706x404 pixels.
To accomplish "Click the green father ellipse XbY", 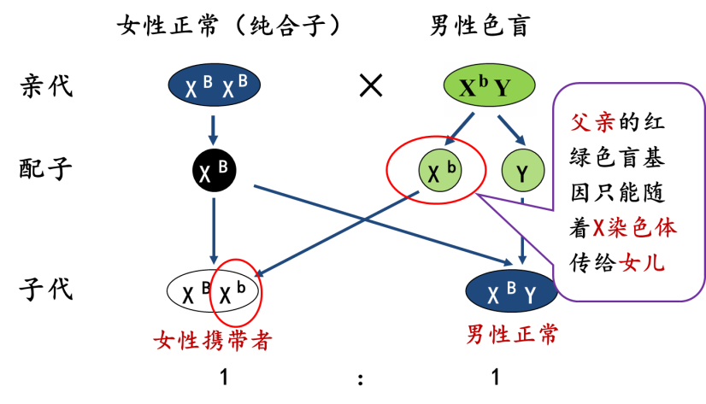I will click(489, 87).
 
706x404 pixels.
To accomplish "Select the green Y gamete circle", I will click(522, 172).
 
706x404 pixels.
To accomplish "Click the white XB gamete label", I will click(214, 172).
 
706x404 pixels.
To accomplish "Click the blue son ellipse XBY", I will click(511, 293).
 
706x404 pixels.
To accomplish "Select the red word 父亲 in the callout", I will click(592, 122).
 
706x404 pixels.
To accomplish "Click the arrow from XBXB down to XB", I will click(214, 129).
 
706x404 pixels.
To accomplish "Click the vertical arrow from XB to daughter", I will click(214, 226).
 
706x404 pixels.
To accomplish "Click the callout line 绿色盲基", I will click(617, 157).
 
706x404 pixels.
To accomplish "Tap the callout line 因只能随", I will click(617, 193).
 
